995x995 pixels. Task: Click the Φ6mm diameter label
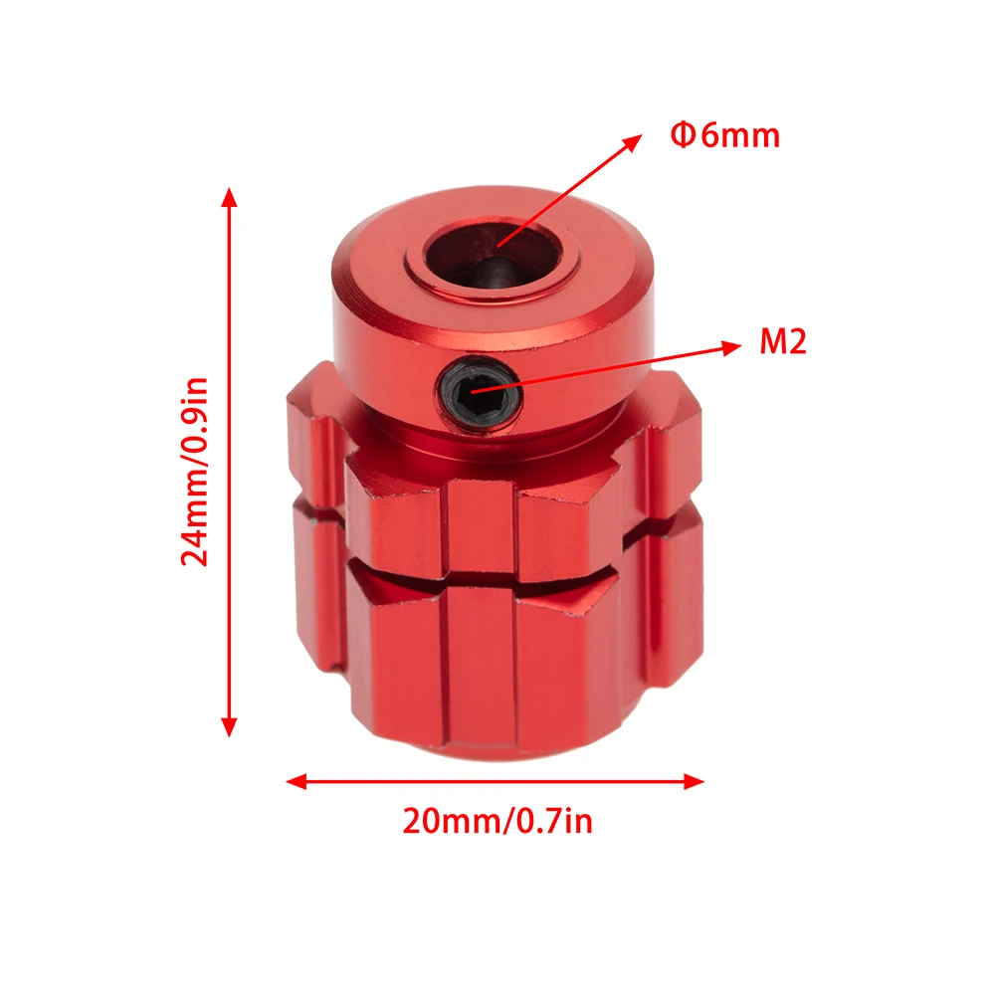click(725, 135)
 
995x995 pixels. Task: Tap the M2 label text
click(783, 344)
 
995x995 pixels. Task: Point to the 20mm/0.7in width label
click(497, 822)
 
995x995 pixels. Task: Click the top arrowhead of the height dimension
click(230, 195)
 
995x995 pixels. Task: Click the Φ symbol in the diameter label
click(683, 135)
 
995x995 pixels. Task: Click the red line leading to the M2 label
click(617, 363)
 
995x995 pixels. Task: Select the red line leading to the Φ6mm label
click(567, 189)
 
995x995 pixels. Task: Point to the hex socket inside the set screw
click(480, 391)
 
